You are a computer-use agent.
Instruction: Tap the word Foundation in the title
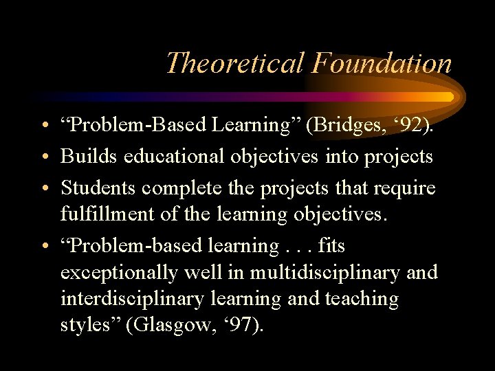tap(381, 63)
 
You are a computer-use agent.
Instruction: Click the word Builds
tap(89, 157)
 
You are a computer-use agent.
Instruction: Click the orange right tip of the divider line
tap(448, 97)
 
